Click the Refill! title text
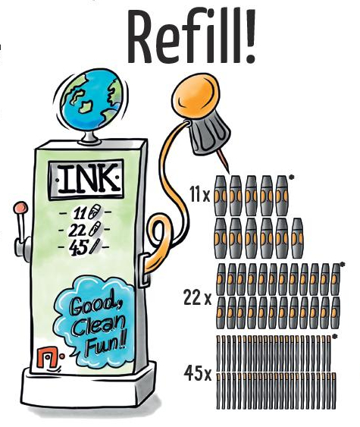pos(192,36)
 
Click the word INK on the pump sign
pos(86,179)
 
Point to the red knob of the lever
pos(20,207)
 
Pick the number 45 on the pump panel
pos(78,248)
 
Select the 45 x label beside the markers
pos(198,373)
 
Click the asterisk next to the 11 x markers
pos(292,177)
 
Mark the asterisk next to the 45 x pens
pos(334,336)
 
